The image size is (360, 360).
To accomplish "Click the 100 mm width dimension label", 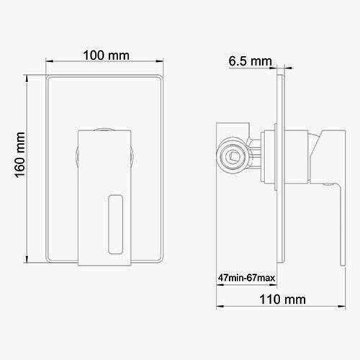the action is point(106,56).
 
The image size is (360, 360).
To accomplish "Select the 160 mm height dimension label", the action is point(20,155).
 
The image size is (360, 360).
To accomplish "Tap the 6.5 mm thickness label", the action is point(250,61).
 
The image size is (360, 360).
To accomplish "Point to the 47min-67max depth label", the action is point(247,278).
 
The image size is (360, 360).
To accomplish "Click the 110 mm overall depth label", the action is point(283,299).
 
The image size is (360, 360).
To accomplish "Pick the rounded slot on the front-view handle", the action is point(115,224).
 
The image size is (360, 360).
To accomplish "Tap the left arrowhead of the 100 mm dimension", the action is point(49,61).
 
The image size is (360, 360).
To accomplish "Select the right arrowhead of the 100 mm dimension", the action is point(160,61).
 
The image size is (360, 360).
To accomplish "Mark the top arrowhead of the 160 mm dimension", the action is point(27,78).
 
